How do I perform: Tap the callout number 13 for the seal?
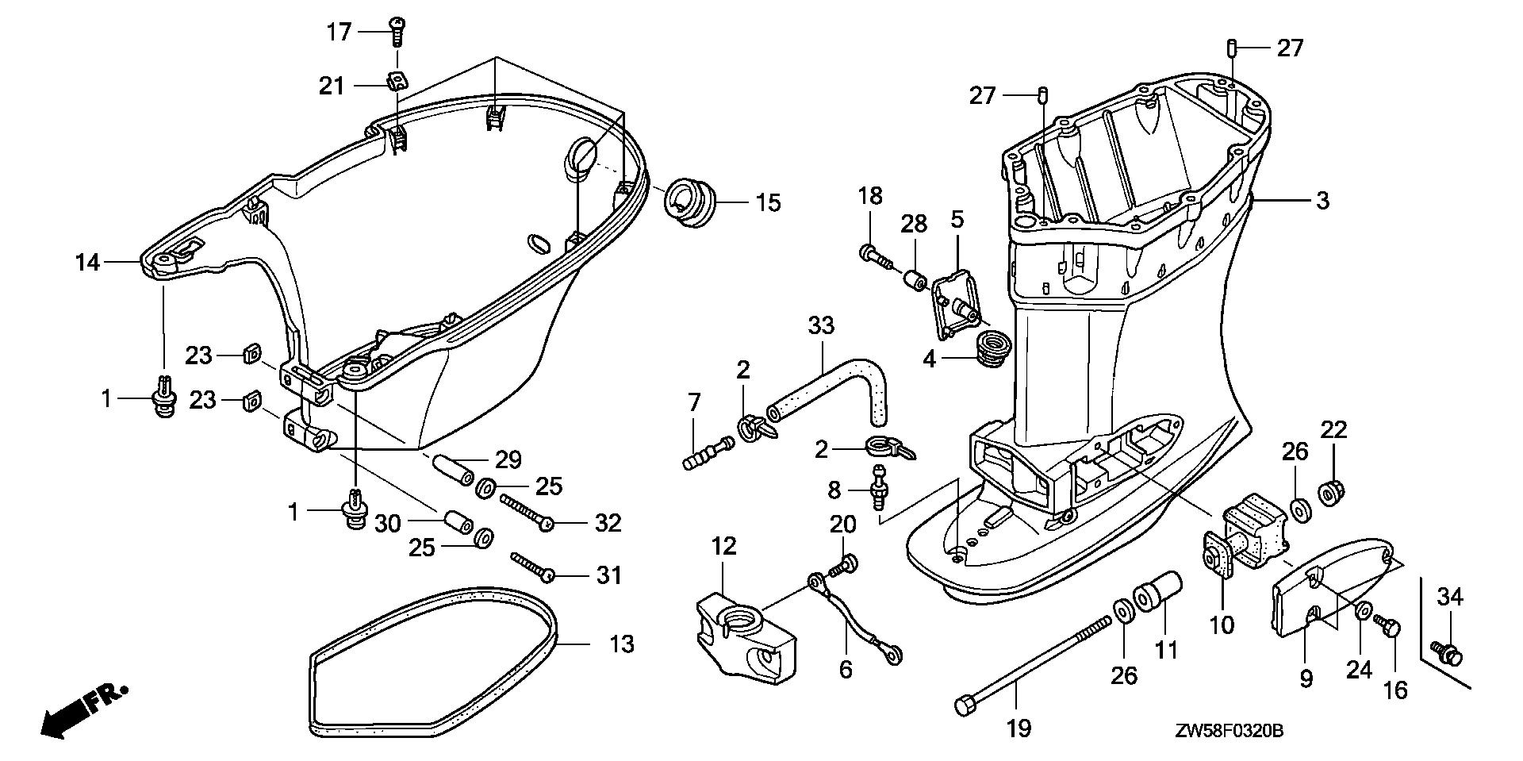622,644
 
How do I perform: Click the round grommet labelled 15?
689,202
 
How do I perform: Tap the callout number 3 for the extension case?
1322,201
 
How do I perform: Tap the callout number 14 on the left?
87,261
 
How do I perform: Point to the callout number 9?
1306,678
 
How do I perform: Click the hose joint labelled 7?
707,452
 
